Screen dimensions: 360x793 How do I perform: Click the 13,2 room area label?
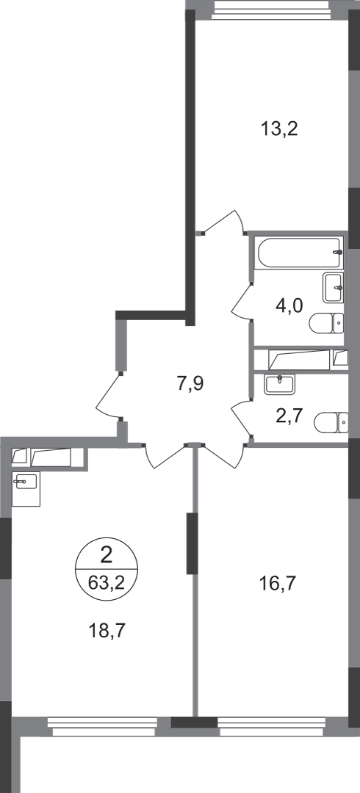pos(279,130)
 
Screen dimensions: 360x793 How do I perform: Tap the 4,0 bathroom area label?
pos(290,306)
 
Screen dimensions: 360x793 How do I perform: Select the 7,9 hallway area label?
pos(190,384)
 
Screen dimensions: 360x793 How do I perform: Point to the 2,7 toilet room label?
pos(290,416)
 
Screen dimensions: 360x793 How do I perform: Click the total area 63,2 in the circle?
pos(107,582)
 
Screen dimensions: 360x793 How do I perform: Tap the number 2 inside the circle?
pos(107,557)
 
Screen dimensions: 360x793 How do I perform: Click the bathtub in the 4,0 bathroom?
pos(300,253)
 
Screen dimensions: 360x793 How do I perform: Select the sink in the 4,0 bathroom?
pos(333,288)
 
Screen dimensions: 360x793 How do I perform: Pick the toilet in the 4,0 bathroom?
pos(327,323)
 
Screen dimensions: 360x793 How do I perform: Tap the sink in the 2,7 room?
pos(279,384)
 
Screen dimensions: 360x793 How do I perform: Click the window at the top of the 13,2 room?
pos(271,10)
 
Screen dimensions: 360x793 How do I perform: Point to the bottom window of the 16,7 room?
pos(272,726)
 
